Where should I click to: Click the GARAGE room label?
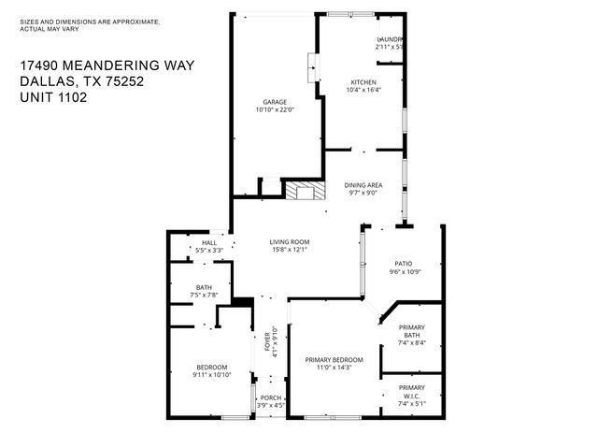tap(274, 102)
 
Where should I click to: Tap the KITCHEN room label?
tap(363, 82)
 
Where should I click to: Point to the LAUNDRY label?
tap(389, 38)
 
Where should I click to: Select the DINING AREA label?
tap(362, 185)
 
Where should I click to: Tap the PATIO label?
tap(403, 264)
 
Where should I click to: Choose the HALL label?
tap(209, 243)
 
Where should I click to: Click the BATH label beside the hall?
tap(204, 287)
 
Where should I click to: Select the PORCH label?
tap(271, 397)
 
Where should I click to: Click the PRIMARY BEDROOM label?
tap(334, 359)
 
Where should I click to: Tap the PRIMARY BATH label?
tap(412, 331)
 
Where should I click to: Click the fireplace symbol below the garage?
tap(306, 192)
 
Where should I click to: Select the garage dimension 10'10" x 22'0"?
tap(274, 110)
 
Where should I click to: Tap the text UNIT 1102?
tap(53, 96)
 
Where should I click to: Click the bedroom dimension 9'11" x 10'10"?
tap(212, 375)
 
